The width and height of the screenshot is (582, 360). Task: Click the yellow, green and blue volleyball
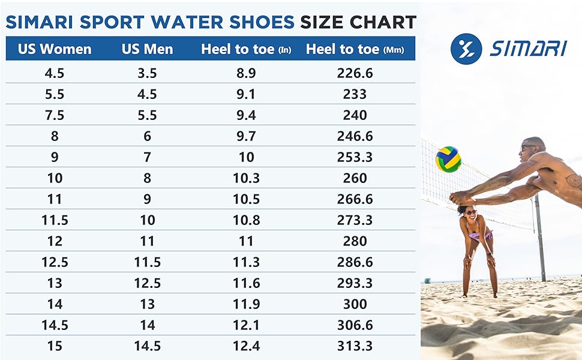coord(448,159)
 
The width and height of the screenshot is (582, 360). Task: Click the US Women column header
coord(55,49)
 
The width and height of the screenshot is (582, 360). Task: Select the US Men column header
coord(147,49)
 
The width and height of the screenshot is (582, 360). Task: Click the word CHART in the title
coord(382,23)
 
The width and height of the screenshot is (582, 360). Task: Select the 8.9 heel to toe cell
coord(244,73)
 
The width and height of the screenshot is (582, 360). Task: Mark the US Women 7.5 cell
coord(55,115)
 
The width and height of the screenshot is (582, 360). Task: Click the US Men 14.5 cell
coord(147,346)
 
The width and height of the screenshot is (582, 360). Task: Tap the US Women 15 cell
coord(55,346)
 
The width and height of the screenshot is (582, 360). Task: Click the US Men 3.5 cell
coord(147,73)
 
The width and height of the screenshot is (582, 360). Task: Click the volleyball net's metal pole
coord(539,240)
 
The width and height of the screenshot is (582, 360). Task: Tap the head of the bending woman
coord(469,212)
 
